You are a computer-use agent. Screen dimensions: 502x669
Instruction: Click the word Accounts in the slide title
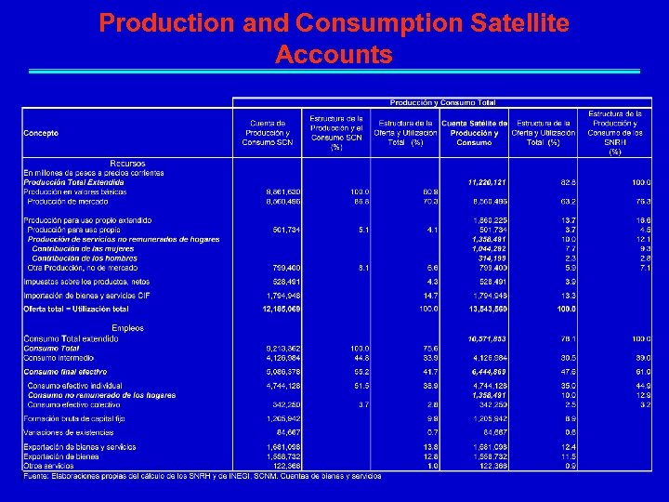point(334,55)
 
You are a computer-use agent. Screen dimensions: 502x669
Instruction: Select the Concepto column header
point(41,133)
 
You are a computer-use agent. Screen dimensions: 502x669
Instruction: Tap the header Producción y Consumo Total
point(442,102)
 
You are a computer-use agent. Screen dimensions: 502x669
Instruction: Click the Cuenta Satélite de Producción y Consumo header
point(474,133)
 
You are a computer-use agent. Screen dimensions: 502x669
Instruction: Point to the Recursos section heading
point(127,164)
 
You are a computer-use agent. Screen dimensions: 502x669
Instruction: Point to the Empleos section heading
point(127,327)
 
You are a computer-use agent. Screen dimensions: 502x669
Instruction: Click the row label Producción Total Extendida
point(73,183)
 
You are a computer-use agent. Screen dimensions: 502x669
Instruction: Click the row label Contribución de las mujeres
point(83,248)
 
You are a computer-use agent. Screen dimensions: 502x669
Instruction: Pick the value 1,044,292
point(489,248)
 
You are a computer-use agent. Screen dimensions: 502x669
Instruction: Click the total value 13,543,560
point(488,308)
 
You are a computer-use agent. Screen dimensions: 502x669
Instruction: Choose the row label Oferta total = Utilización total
point(76,308)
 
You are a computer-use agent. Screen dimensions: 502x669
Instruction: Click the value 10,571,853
point(488,339)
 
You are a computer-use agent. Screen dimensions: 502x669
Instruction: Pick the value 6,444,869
point(489,372)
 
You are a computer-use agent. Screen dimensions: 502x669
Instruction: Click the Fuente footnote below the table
point(203,476)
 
